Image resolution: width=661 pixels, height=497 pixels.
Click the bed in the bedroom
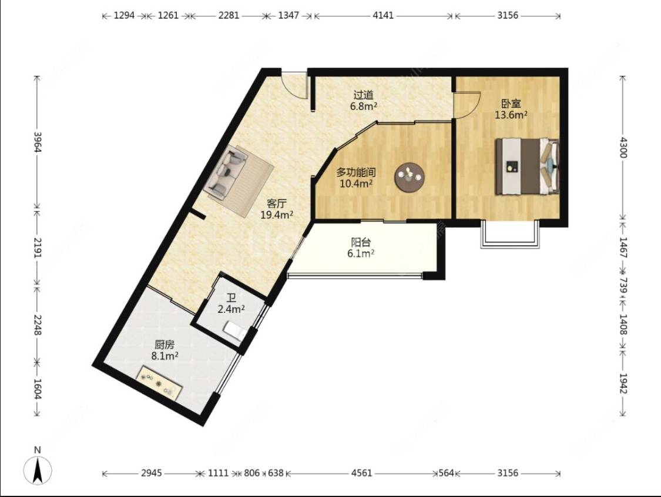tap(528, 166)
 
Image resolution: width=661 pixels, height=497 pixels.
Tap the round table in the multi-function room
tap(410, 177)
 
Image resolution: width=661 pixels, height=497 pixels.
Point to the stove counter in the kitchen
tap(160, 383)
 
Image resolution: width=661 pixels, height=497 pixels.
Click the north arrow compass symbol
tap(38, 469)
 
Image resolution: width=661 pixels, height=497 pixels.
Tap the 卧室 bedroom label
tap(511, 104)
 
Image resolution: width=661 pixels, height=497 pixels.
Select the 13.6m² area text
tap(511, 114)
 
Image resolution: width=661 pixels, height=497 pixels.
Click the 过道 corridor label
tap(363, 95)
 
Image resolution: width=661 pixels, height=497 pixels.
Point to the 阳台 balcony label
tap(361, 242)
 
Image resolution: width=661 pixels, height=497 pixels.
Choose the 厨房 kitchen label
tap(165, 345)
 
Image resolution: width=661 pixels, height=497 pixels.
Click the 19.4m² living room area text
tap(277, 215)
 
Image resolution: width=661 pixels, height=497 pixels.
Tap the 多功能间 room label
tap(356, 172)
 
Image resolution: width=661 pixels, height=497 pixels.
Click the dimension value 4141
tap(383, 16)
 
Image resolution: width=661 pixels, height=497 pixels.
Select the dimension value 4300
tap(623, 147)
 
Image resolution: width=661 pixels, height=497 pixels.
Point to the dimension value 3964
tap(38, 142)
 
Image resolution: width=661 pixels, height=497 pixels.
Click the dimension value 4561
tap(362, 473)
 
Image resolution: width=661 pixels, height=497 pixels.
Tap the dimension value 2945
tap(152, 473)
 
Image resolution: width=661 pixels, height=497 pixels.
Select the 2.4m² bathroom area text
tap(231, 309)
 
